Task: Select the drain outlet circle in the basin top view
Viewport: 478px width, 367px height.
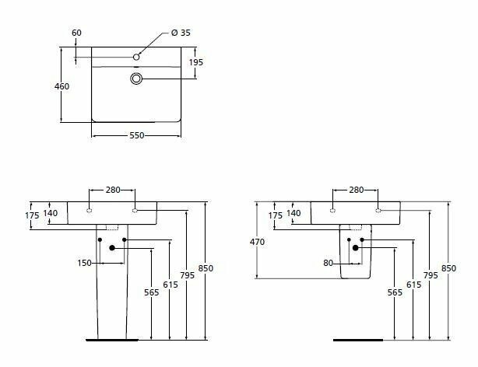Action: [x=136, y=79]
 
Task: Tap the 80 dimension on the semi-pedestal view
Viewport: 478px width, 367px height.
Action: [x=329, y=263]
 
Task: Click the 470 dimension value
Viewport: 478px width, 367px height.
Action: [x=258, y=242]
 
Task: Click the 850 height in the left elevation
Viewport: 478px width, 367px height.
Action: [x=206, y=269]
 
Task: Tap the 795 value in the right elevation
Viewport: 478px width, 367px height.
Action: [x=431, y=275]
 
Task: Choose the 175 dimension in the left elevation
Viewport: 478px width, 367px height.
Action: [x=32, y=215]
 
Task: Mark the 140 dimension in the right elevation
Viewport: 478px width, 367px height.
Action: [x=293, y=212]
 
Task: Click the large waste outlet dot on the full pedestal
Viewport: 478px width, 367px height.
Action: [x=114, y=248]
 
